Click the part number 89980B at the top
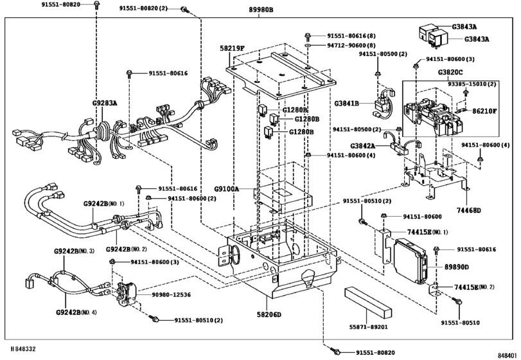[260, 10]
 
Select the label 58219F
[233, 48]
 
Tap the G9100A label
[227, 189]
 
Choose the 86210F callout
[484, 111]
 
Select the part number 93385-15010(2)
[472, 84]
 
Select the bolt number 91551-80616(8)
[351, 36]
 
